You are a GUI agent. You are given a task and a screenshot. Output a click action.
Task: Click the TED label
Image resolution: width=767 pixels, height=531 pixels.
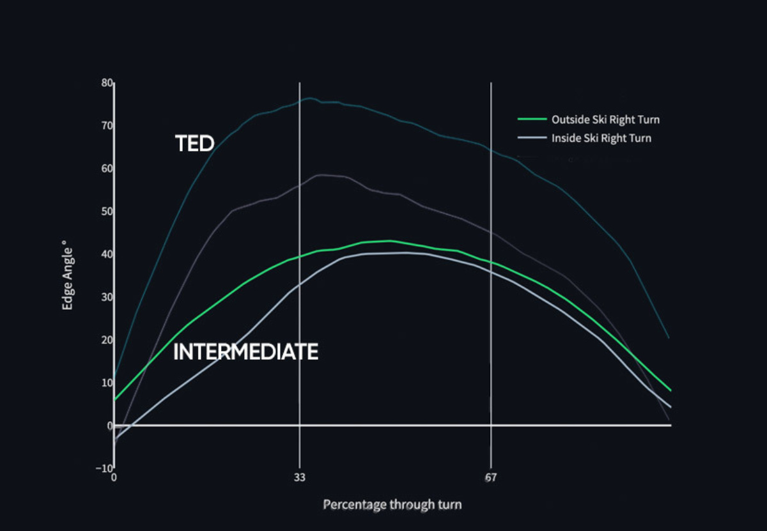194,143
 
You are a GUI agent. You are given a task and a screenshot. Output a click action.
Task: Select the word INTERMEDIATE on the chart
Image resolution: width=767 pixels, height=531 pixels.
246,351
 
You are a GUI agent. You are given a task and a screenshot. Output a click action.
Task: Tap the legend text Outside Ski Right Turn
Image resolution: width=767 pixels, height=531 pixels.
605,120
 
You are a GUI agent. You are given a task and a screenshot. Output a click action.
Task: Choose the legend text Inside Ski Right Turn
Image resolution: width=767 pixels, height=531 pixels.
601,138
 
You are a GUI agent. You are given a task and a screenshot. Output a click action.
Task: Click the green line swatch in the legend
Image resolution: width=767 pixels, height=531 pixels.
532,119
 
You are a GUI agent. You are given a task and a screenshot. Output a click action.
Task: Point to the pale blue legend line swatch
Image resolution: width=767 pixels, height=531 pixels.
532,137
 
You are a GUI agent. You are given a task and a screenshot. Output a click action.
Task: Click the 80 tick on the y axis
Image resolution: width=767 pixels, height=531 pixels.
107,83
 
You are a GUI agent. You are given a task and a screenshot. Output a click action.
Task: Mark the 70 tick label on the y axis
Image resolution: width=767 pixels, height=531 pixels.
107,126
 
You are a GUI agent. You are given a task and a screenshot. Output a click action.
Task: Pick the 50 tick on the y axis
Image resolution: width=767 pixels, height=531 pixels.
107,212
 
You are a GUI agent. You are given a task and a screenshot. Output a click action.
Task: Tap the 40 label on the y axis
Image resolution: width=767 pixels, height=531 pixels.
107,254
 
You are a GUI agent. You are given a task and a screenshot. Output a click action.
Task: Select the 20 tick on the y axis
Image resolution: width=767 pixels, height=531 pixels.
107,340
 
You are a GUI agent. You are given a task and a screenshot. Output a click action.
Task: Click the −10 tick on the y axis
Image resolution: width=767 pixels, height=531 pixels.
104,468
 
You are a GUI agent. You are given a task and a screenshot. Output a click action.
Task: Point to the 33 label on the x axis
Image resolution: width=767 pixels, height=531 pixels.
300,477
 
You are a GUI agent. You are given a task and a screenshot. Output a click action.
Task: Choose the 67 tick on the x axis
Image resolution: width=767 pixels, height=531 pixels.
491,477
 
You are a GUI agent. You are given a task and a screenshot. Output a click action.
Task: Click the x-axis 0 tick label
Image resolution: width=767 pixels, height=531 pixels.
114,477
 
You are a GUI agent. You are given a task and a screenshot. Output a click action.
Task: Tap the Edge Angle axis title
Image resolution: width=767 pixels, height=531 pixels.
67,275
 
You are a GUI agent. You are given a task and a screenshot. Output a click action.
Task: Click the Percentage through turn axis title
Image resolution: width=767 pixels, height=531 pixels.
392,505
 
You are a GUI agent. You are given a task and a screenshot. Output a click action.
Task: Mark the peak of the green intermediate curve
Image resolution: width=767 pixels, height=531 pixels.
390,241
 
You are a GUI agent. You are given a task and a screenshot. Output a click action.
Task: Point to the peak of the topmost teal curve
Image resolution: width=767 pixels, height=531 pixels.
310,98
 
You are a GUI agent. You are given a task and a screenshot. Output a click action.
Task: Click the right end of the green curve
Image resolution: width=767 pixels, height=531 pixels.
670,390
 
